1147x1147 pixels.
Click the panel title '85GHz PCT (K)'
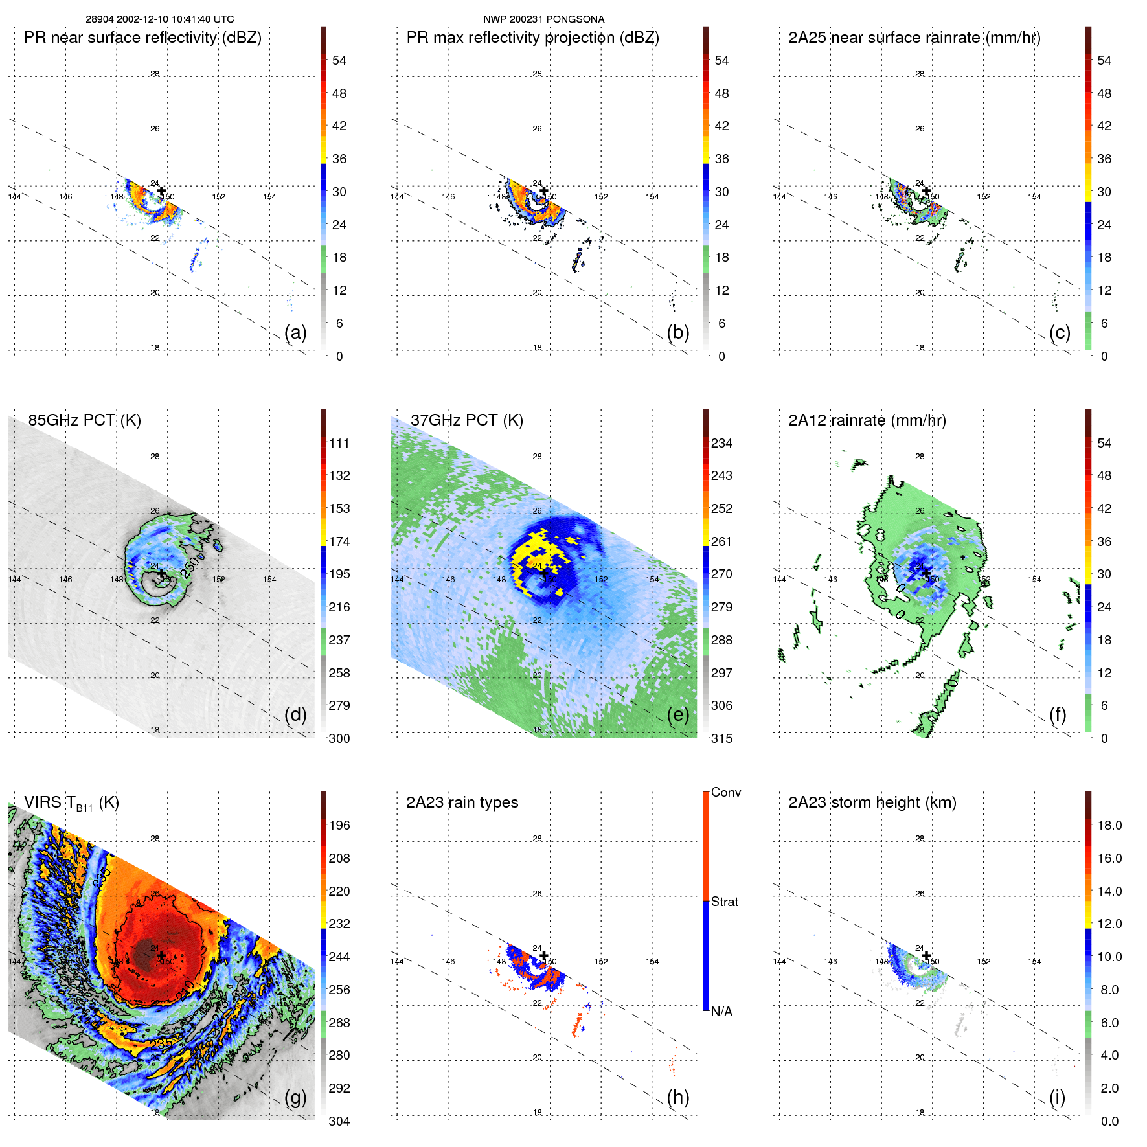point(84,420)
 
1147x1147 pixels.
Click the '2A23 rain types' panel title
point(462,802)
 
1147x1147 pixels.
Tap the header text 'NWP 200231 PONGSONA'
point(543,19)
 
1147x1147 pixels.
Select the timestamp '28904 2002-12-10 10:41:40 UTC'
point(160,19)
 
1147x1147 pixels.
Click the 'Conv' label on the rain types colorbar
point(725,792)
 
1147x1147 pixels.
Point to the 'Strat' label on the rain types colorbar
point(724,902)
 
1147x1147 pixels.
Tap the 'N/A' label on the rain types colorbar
point(721,1012)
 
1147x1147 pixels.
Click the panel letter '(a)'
point(295,332)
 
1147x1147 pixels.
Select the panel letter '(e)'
point(677,714)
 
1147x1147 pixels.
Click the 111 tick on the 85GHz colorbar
point(339,443)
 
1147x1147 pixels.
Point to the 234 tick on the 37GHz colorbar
point(721,443)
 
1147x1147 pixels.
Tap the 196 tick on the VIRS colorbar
point(339,825)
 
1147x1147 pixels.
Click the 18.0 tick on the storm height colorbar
point(1109,825)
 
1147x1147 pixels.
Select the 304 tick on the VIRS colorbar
point(339,1121)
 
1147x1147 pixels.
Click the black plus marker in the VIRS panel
point(161,955)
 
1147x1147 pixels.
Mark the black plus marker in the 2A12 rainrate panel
point(926,573)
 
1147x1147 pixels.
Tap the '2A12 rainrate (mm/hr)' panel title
point(867,420)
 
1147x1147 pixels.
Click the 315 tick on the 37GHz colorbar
point(721,738)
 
